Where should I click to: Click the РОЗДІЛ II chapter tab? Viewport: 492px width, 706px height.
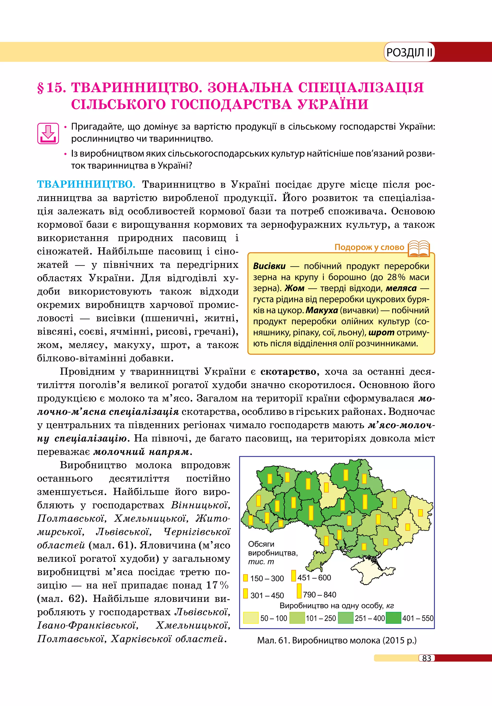click(409, 52)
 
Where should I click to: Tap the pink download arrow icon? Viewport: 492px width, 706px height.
click(48, 133)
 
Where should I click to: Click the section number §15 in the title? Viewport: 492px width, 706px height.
click(52, 88)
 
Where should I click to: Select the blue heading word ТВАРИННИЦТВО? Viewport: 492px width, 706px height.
click(86, 184)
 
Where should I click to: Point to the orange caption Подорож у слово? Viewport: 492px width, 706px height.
click(369, 247)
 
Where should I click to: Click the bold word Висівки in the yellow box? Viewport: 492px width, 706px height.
click(269, 266)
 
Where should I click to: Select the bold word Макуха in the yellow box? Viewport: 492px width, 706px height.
click(321, 310)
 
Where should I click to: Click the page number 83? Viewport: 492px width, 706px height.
click(427, 658)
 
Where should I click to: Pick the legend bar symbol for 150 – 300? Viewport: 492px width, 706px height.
click(245, 578)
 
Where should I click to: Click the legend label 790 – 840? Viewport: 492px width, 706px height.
click(320, 594)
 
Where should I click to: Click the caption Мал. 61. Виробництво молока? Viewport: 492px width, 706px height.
click(337, 641)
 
